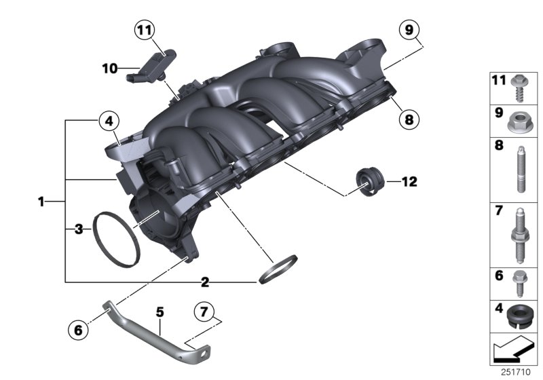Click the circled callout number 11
click(144, 30)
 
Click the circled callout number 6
click(79, 330)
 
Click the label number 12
click(409, 182)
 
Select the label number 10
click(110, 68)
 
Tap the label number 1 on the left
click(41, 202)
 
